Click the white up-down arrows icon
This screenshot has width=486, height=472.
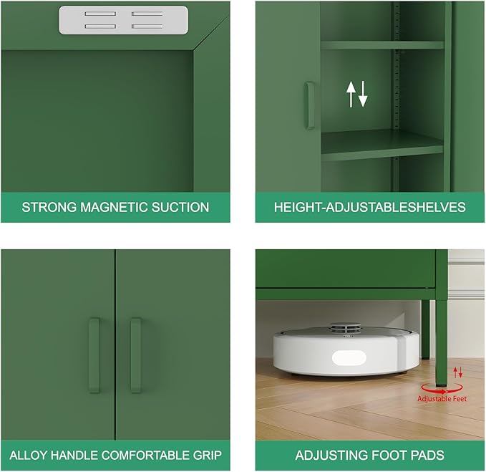click(x=356, y=94)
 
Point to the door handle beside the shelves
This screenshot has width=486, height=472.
click(x=309, y=105)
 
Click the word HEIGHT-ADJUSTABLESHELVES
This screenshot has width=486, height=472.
click(x=370, y=208)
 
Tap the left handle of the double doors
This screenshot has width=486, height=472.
click(x=94, y=355)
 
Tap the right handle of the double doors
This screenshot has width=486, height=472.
click(x=136, y=355)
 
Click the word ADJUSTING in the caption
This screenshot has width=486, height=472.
click(x=330, y=455)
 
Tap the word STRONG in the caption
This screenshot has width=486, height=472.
click(x=45, y=208)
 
